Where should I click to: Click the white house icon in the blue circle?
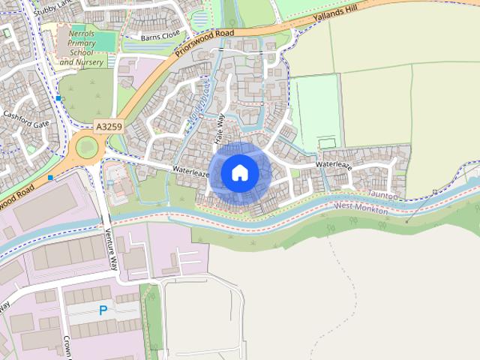pyautogui.click(x=240, y=172)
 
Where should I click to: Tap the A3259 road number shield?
pyautogui.click(x=108, y=127)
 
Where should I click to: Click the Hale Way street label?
pyautogui.click(x=220, y=130)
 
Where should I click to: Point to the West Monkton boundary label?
pyautogui.click(x=361, y=207)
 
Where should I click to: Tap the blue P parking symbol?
pyautogui.click(x=103, y=310)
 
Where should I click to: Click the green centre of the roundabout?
pyautogui.click(x=86, y=146)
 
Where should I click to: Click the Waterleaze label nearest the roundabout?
pyautogui.click(x=190, y=171)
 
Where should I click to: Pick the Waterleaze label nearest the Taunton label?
pyautogui.click(x=334, y=164)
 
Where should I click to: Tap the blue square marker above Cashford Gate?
pyautogui.click(x=58, y=98)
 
